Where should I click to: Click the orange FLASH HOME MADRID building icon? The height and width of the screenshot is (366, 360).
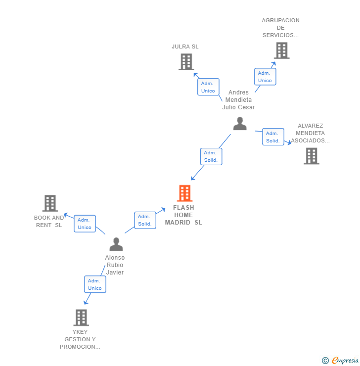click(x=184, y=193)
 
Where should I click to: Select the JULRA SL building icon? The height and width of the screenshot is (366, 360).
click(x=186, y=62)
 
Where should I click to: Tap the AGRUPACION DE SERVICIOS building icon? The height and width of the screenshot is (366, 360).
click(x=281, y=50)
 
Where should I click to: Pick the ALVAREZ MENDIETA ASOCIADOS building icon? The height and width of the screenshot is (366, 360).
click(x=311, y=156)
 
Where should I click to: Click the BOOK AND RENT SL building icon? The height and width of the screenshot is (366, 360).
click(x=50, y=203)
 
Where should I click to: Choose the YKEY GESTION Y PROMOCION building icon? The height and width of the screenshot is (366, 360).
click(x=81, y=318)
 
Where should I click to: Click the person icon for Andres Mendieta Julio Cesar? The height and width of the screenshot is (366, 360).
click(x=240, y=124)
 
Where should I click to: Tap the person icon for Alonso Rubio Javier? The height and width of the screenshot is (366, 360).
click(x=116, y=244)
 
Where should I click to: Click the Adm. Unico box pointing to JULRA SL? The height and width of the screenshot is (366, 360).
click(x=208, y=87)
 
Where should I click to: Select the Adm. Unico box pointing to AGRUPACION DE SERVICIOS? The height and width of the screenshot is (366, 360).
click(x=265, y=77)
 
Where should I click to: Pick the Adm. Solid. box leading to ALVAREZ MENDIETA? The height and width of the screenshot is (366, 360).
click(x=273, y=137)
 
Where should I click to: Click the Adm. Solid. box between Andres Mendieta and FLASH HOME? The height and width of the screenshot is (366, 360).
click(x=211, y=156)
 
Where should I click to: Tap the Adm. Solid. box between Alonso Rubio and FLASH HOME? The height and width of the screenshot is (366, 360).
click(x=145, y=220)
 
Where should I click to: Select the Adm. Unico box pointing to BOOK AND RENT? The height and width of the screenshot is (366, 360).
click(x=85, y=224)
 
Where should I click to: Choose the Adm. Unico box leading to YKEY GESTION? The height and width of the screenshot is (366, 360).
click(x=95, y=284)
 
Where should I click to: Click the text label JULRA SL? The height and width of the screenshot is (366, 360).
click(x=185, y=46)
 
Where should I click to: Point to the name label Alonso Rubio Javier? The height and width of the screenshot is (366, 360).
click(x=115, y=265)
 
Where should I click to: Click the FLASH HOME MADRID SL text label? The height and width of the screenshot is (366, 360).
click(x=183, y=215)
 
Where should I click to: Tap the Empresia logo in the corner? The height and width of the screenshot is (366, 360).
click(x=345, y=361)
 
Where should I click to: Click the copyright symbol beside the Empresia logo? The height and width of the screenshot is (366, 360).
click(x=325, y=361)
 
